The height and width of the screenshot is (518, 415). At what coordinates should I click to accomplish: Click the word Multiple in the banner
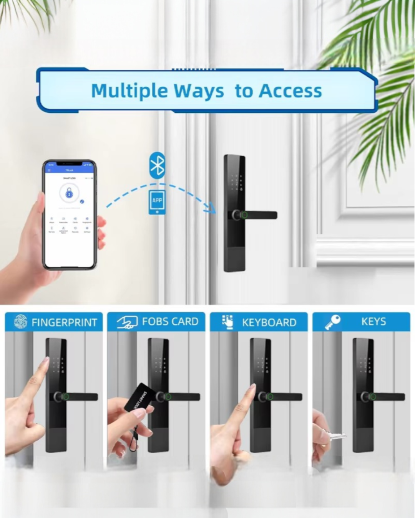[x=129, y=91]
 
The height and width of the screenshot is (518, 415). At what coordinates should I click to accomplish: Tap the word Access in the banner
[x=290, y=91]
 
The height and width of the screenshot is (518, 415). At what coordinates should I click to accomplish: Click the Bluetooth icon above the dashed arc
[x=157, y=166]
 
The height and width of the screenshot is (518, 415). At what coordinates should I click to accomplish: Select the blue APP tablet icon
[x=157, y=202]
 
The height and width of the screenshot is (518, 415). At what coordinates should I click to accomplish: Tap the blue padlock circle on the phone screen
[x=69, y=193]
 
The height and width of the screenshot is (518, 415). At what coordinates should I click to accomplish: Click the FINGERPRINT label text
[x=64, y=322]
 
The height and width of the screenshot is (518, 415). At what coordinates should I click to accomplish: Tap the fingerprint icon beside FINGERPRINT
[x=20, y=322]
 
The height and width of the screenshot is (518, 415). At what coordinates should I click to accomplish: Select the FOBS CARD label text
[x=170, y=322]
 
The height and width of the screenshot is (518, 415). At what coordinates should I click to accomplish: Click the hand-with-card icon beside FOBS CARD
[x=127, y=322]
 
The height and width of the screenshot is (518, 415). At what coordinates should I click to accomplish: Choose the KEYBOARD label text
[x=269, y=322]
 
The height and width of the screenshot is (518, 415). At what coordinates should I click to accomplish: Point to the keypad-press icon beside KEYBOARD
[x=227, y=322]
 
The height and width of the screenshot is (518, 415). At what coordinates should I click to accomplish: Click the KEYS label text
[x=373, y=322]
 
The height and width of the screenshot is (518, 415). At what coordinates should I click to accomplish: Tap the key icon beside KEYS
[x=332, y=322]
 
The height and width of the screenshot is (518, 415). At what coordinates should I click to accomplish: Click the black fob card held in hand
[x=140, y=398]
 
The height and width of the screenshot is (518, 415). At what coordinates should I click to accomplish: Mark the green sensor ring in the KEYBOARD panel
[x=271, y=397]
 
